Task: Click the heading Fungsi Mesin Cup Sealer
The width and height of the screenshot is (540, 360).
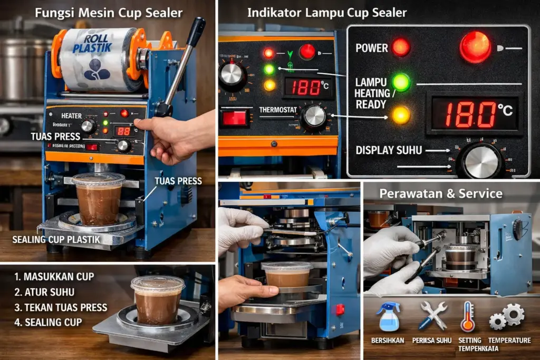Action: click(x=108, y=13)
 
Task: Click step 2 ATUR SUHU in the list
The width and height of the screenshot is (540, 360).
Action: click(x=46, y=291)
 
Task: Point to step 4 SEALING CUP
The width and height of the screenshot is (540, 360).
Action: click(x=49, y=322)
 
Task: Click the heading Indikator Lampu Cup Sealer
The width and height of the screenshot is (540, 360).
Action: click(x=327, y=13)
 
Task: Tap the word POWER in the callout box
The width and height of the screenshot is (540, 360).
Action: click(x=371, y=48)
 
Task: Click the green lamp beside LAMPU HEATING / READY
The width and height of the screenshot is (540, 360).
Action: click(x=401, y=82)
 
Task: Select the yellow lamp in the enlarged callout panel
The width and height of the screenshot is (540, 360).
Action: click(x=401, y=114)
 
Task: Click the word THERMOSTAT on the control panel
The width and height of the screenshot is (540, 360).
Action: click(x=278, y=110)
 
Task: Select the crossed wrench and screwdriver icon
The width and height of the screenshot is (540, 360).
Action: click(x=433, y=315)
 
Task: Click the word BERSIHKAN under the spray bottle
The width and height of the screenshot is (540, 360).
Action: click(x=388, y=341)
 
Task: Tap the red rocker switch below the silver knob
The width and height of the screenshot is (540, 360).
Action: click(x=234, y=118)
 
